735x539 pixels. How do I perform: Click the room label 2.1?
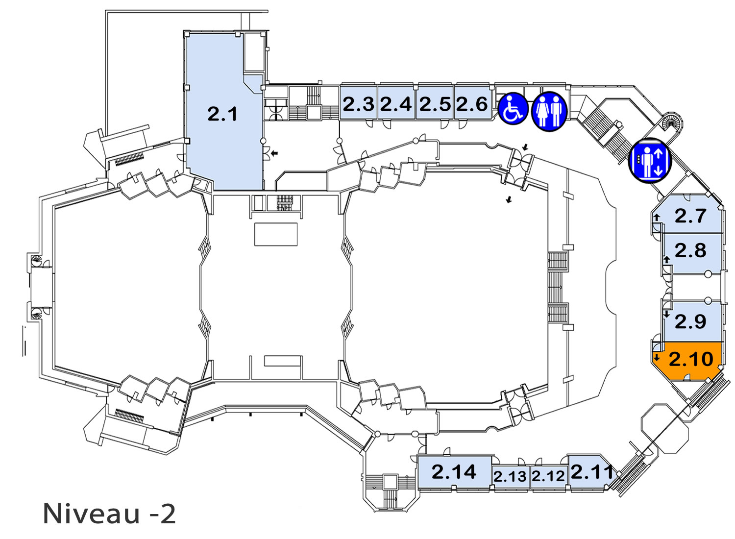[222, 114]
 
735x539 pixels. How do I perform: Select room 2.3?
[358, 102]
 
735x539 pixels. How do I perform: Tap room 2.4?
[396, 102]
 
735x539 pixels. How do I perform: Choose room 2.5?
[435, 102]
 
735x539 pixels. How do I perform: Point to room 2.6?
[473, 102]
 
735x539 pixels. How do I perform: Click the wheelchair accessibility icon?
[513, 108]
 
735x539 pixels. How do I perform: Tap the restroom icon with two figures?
[549, 111]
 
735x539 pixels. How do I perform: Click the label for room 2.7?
[690, 216]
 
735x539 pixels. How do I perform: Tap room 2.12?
[548, 476]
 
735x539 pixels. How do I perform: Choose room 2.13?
[510, 476]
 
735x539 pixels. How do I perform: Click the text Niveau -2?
[109, 514]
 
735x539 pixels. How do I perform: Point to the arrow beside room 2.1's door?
[274, 152]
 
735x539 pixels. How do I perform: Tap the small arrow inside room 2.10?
[656, 357]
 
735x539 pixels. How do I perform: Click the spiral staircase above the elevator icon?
[671, 123]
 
